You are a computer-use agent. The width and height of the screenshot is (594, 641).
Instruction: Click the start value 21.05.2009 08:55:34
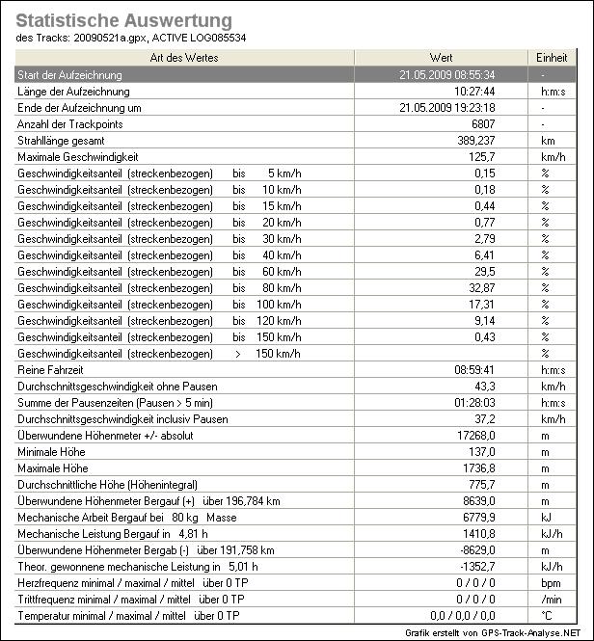[447, 74]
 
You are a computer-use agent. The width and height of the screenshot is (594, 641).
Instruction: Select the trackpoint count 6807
[479, 124]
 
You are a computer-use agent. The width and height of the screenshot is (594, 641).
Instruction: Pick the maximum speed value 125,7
[479, 157]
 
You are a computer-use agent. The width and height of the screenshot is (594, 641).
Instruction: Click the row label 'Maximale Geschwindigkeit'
[78, 157]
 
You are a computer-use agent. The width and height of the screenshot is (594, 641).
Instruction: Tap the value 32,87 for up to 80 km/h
[479, 287]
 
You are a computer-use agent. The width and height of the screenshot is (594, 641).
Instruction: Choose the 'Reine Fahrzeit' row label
[50, 369]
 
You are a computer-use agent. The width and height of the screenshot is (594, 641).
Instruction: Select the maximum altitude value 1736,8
[476, 467]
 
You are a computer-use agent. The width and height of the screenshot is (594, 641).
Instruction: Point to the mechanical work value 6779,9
[476, 517]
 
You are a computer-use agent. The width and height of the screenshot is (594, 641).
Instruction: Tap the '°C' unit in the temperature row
[545, 615]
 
